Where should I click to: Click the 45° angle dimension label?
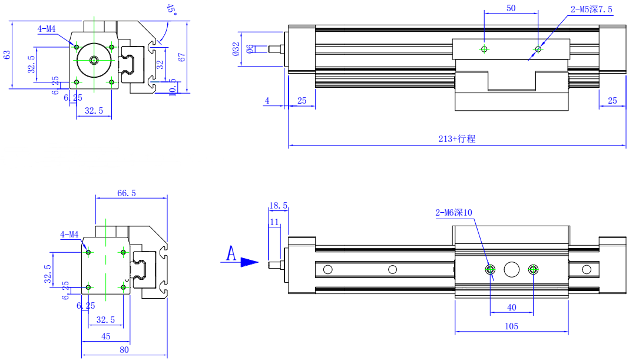pos(171,9)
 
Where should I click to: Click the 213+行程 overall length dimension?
pos(456,139)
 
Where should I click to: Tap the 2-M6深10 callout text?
pos(453,213)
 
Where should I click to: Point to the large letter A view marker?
pos(231,255)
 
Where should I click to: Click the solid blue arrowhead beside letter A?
pos(249,262)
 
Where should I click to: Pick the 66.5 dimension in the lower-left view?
pos(127,193)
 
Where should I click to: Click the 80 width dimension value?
pos(124,350)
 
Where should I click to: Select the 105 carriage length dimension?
pos(511,326)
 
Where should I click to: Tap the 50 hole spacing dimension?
pos(511,8)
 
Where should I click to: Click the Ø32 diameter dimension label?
pos(236,48)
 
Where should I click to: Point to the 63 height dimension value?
pos(7,55)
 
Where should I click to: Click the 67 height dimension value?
pos(182,57)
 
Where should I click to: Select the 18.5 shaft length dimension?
pos(278,206)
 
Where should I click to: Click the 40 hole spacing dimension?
pos(511,308)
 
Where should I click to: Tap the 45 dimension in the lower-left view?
pos(106,336)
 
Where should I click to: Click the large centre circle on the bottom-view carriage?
pos(511,269)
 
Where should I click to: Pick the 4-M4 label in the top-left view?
pos(47,28)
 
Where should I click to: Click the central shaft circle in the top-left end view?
pos(94,60)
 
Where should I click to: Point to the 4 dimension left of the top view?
pos(267,101)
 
